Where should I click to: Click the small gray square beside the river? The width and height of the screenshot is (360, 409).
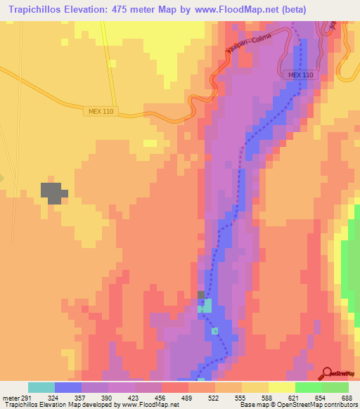tap(202, 295)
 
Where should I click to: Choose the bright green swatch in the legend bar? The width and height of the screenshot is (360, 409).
tap(309, 387)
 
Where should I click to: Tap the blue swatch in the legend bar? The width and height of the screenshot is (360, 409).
tap(67, 387)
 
